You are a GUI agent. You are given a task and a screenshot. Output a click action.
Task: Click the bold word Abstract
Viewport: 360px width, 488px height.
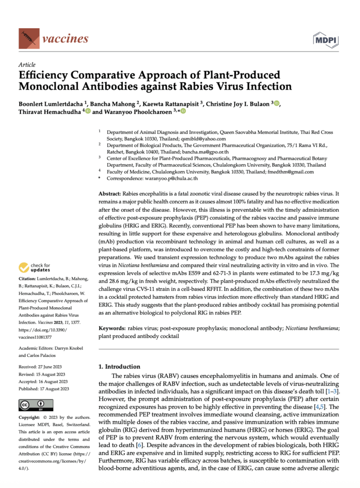click(109, 194)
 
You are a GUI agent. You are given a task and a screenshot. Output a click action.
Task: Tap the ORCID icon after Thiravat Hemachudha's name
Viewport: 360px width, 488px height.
click(88, 111)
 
